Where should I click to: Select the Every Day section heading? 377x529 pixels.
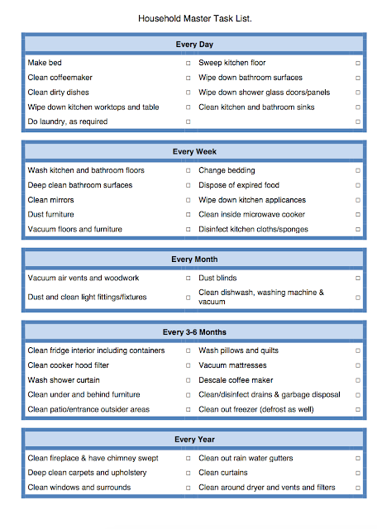click(194, 44)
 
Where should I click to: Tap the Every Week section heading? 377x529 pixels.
click(194, 151)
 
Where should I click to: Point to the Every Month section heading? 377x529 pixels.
click(194, 260)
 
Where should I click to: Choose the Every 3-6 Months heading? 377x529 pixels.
click(194, 332)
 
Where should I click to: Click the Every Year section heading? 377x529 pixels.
click(194, 440)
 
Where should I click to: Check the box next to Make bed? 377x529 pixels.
click(188, 63)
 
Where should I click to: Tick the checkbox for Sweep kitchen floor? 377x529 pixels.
click(358, 63)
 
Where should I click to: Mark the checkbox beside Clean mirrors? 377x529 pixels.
click(188, 200)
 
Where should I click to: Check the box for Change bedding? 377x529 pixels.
click(358, 170)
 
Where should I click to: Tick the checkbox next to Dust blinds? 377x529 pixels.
click(358, 279)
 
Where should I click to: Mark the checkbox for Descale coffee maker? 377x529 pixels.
click(358, 380)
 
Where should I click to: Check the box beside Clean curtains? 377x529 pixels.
click(358, 473)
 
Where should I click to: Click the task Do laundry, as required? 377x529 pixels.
click(68, 122)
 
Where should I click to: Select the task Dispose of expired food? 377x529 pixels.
click(239, 185)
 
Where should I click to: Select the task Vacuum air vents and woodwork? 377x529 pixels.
click(84, 279)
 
